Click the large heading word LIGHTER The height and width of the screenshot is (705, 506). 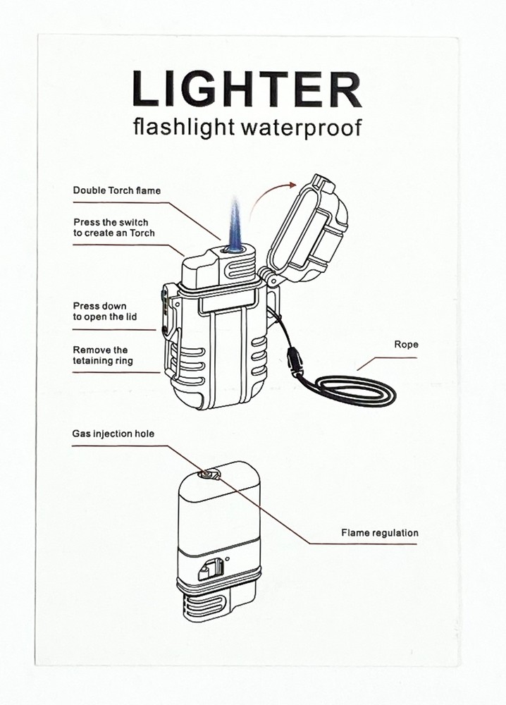point(246,90)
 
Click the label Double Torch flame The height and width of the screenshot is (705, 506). point(116,190)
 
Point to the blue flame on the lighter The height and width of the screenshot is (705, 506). point(233,224)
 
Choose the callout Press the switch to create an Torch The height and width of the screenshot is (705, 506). point(113,228)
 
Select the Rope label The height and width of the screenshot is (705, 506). point(406,345)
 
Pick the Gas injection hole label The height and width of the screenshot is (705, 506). point(113,434)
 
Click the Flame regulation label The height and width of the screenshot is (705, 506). point(379,533)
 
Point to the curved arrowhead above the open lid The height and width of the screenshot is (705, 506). point(291,184)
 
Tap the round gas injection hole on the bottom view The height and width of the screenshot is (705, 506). point(206,474)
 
